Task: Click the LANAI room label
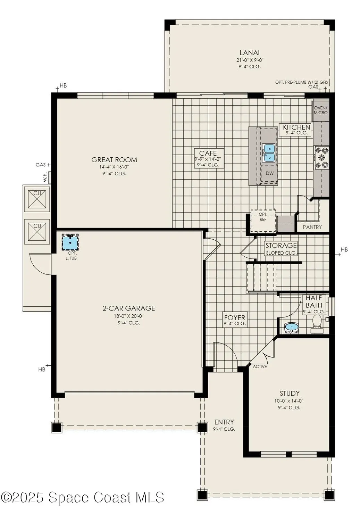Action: click(250, 53)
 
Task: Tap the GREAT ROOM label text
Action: click(114, 160)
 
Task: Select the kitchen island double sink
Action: click(269, 153)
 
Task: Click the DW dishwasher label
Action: click(269, 173)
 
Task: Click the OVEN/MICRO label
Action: click(320, 110)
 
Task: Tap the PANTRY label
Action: click(312, 227)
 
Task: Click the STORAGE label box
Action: click(281, 248)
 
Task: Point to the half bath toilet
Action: click(317, 321)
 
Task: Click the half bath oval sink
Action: click(291, 328)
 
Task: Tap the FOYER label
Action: click(235, 320)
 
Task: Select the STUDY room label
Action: click(290, 394)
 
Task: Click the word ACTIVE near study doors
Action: click(260, 367)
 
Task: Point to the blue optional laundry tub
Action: click(70, 242)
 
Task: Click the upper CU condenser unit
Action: click(37, 199)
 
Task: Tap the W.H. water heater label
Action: click(45, 178)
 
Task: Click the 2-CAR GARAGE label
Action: click(128, 308)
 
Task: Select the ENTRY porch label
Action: click(224, 422)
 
